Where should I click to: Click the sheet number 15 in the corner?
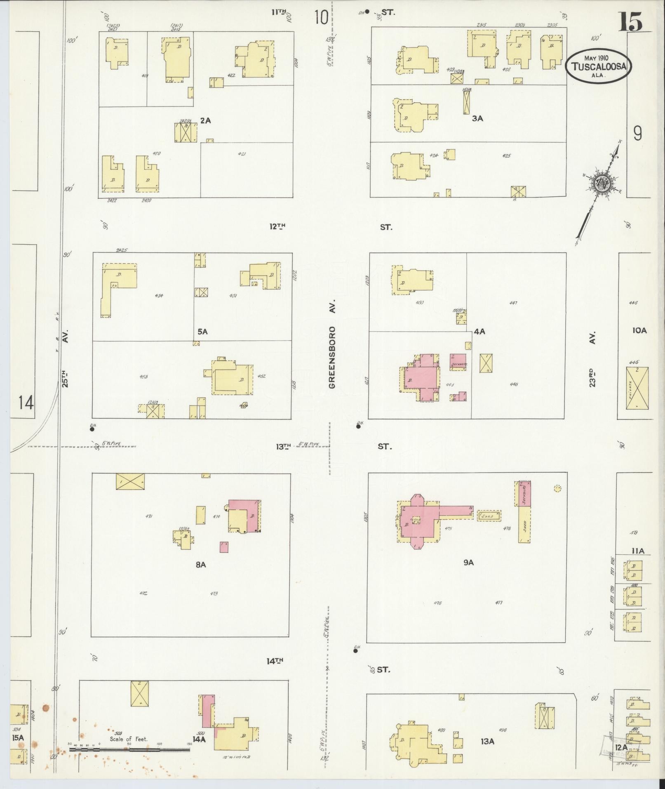coord(630,21)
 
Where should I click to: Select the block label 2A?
coord(205,120)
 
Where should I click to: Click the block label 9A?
coord(468,562)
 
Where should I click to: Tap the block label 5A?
coord(202,331)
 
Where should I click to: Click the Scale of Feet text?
coord(128,739)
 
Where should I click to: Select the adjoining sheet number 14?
coord(26,403)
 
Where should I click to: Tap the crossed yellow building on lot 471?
coord(130,481)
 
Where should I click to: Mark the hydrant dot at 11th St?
coord(367,12)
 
